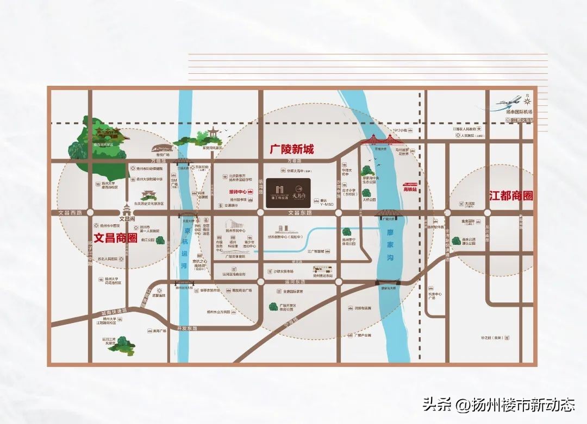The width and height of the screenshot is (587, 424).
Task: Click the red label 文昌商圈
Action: point(115,238)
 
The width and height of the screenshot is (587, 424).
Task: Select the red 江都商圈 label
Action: point(510,196)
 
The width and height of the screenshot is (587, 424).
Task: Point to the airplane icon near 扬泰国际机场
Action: point(509,102)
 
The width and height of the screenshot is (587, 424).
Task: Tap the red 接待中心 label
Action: point(238,192)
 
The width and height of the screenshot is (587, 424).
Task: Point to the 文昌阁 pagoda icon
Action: point(127,210)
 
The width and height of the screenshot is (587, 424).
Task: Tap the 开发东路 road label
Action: point(188,329)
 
